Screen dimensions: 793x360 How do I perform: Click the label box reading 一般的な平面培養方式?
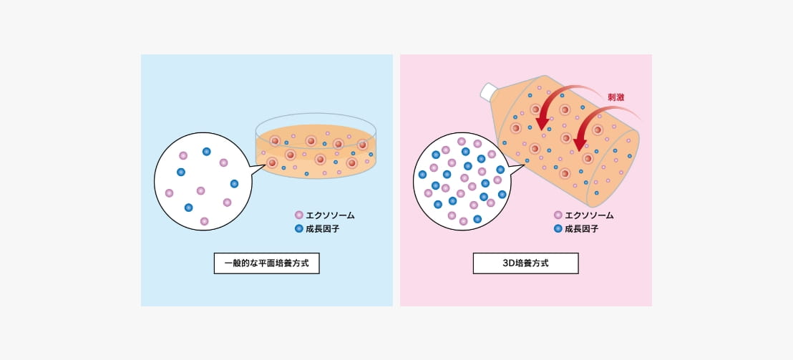click(266, 263)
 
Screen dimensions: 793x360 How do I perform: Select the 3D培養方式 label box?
click(525, 263)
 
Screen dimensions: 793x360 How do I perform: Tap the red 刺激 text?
click(616, 97)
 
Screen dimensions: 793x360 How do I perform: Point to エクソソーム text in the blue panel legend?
click(330, 215)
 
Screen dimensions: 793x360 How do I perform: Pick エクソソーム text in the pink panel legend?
click(589, 215)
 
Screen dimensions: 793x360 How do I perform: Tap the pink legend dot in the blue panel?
click(299, 215)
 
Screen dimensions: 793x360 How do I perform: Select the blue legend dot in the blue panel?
click(299, 228)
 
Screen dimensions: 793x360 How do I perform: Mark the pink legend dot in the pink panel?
click(558, 215)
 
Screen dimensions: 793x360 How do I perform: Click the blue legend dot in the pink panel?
click(558, 228)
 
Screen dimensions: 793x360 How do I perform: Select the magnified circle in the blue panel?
click(203, 181)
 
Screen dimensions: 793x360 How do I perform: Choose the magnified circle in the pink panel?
click(462, 181)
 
